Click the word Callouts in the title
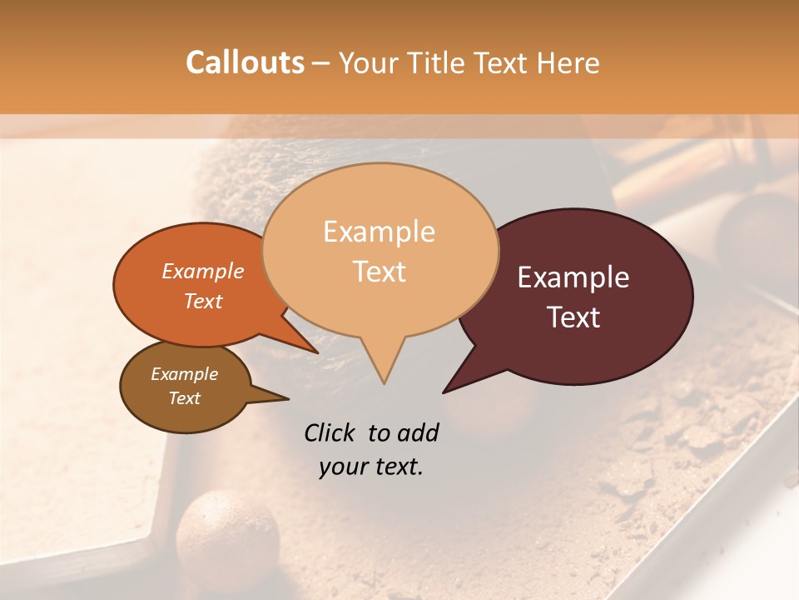[245, 62]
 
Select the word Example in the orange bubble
[203, 271]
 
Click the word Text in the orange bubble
[203, 301]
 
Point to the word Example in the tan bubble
[379, 232]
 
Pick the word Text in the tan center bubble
[380, 272]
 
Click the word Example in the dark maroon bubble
[573, 277]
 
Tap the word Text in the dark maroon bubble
[574, 317]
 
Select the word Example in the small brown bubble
[184, 374]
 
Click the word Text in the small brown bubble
[185, 398]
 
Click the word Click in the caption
[331, 432]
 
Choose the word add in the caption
[418, 432]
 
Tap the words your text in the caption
[371, 467]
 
